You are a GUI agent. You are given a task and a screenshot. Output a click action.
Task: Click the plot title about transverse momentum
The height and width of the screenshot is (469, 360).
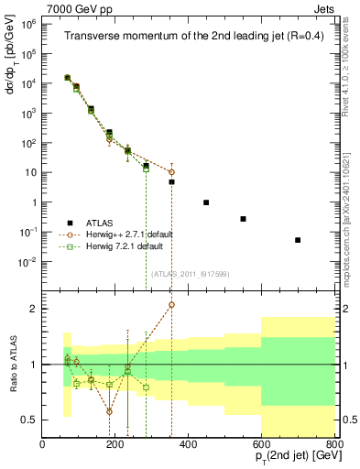pos(190,37)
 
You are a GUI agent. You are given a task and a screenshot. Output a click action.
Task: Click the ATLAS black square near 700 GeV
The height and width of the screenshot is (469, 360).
pos(298,240)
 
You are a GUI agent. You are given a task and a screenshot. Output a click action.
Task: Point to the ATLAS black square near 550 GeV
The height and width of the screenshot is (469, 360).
pos(243,219)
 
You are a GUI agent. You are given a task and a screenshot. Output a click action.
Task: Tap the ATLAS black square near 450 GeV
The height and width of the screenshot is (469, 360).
pos(206,202)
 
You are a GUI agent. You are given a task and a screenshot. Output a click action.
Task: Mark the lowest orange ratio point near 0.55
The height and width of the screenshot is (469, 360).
pos(109,411)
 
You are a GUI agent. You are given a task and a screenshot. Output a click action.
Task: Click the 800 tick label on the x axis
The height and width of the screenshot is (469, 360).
pos(334,446)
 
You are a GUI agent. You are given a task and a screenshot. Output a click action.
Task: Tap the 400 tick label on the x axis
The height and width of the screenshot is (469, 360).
pos(189,446)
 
